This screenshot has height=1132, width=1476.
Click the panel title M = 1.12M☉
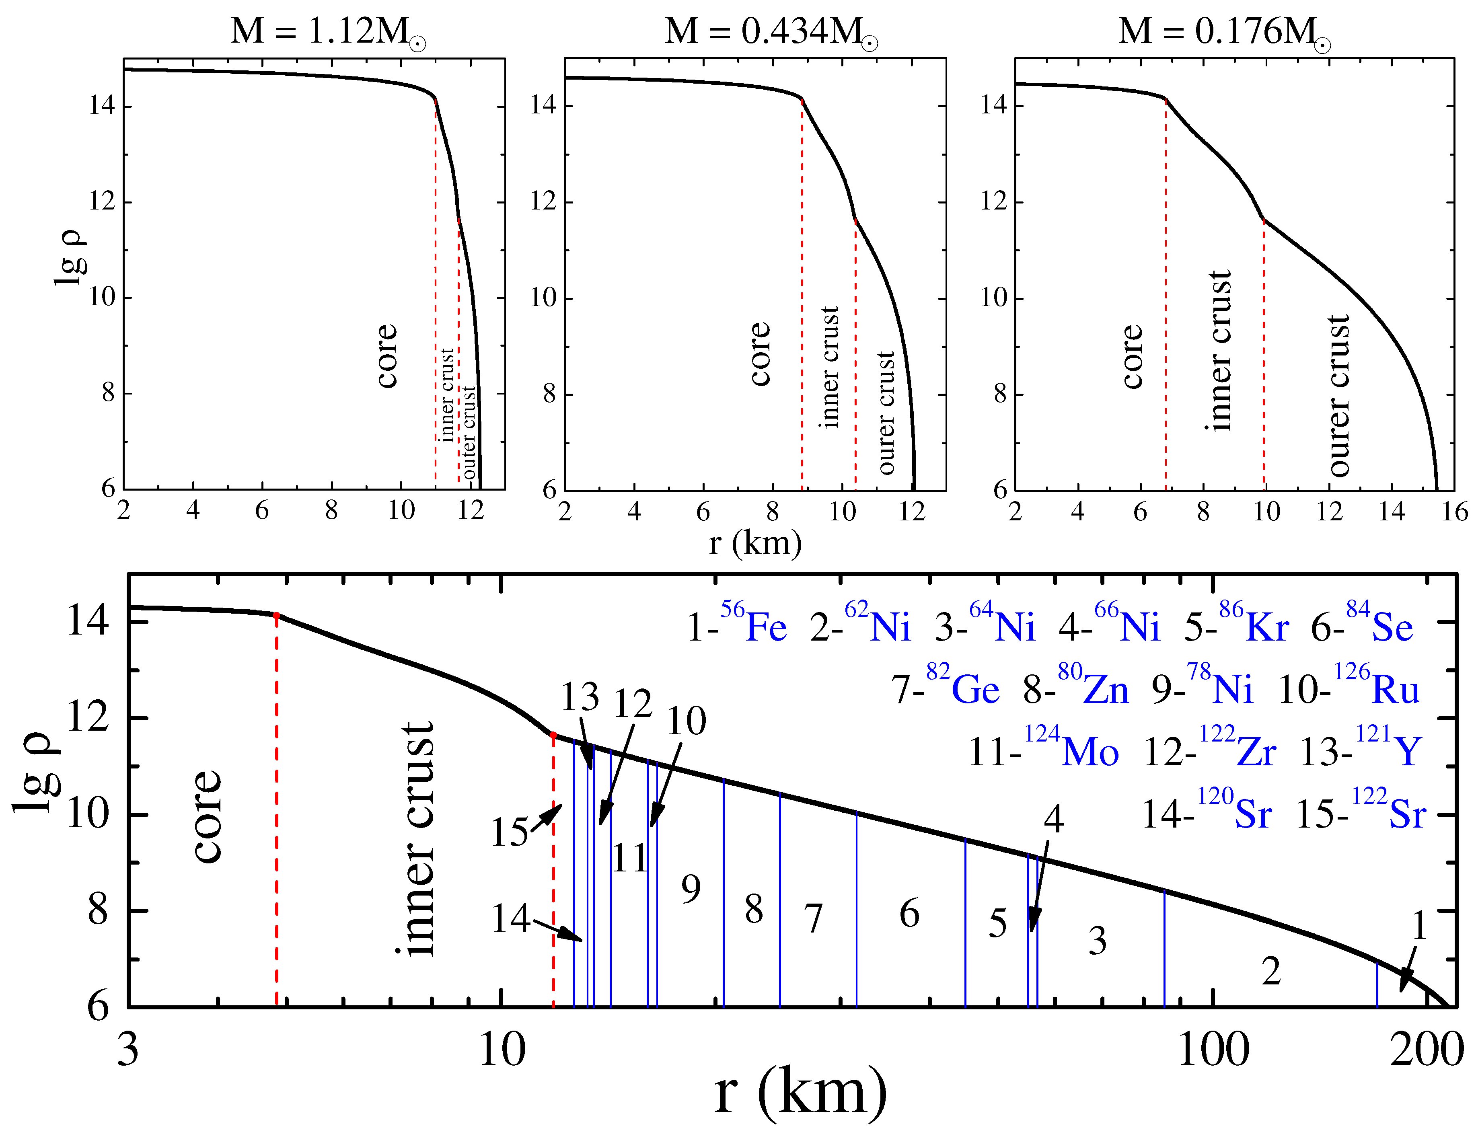tap(328, 32)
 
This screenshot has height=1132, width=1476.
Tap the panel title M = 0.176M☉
tap(1224, 32)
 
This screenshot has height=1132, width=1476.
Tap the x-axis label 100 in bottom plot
tap(1213, 1050)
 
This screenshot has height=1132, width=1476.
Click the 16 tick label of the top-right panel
tap(1454, 512)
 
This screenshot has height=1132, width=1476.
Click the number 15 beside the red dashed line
tap(509, 832)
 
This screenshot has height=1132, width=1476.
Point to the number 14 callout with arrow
tap(510, 918)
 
